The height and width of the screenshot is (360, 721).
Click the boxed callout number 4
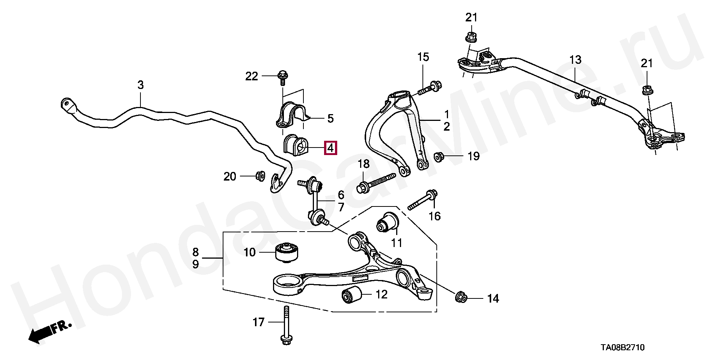pos(330,148)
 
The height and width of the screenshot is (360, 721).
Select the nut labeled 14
pos(460,298)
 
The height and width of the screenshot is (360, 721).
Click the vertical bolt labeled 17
pos(286,325)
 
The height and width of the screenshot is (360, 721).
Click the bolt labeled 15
pos(430,87)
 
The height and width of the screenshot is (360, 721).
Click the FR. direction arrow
pos(47,332)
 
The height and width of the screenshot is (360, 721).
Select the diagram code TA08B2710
pos(621,348)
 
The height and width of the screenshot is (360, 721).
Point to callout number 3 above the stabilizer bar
pos(140,85)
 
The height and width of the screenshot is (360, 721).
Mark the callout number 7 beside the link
pos(341,207)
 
